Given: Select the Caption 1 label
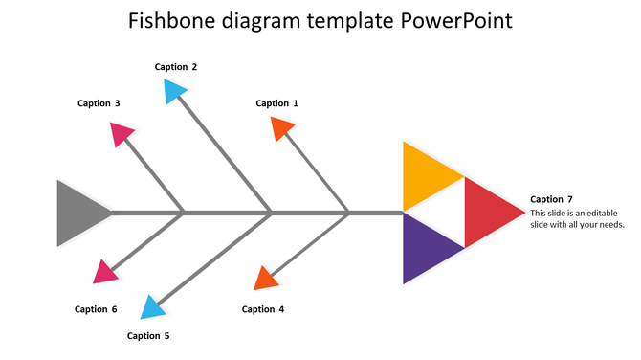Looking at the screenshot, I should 276,103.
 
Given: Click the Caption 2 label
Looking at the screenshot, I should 176,67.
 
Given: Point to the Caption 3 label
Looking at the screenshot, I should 99,103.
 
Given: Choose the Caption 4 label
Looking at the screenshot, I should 263,309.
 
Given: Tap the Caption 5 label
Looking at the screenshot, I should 148,336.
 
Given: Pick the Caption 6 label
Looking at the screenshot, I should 96,309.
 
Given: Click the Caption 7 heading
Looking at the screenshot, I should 551,199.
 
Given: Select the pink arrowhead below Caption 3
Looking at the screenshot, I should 121,133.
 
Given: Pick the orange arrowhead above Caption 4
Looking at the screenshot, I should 265,279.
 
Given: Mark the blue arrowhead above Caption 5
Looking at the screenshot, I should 152,307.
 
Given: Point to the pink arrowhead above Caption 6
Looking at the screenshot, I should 106,272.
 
